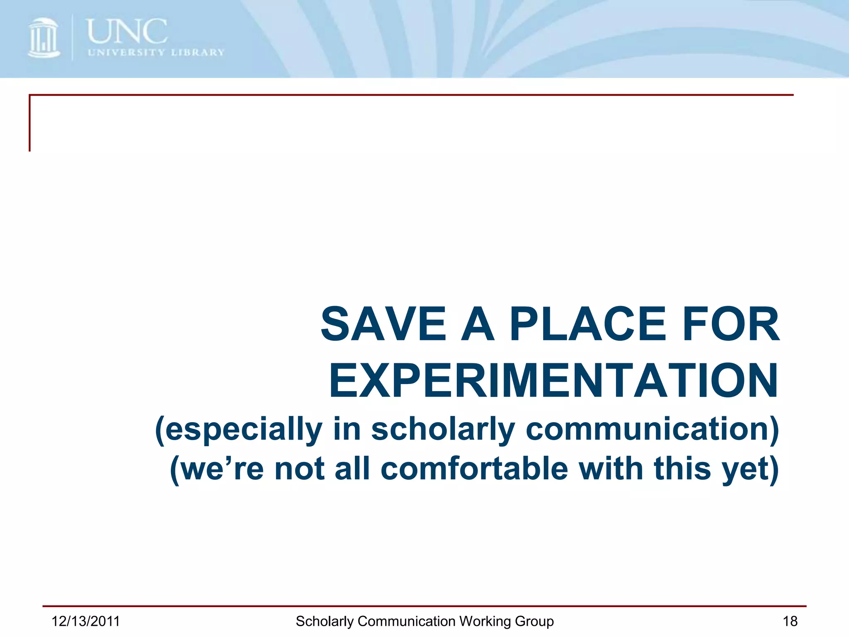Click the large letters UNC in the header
(127, 32)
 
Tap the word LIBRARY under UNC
(198, 53)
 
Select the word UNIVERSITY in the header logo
(126, 53)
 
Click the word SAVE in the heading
(383, 324)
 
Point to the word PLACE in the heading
(587, 324)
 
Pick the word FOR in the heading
(731, 324)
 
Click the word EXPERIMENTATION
(554, 381)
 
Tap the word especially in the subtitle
(239, 429)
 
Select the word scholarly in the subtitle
(443, 429)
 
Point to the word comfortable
(474, 469)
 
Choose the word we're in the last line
(217, 469)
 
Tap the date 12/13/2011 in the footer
(86, 621)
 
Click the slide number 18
(790, 621)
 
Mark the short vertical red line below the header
(30, 124)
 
